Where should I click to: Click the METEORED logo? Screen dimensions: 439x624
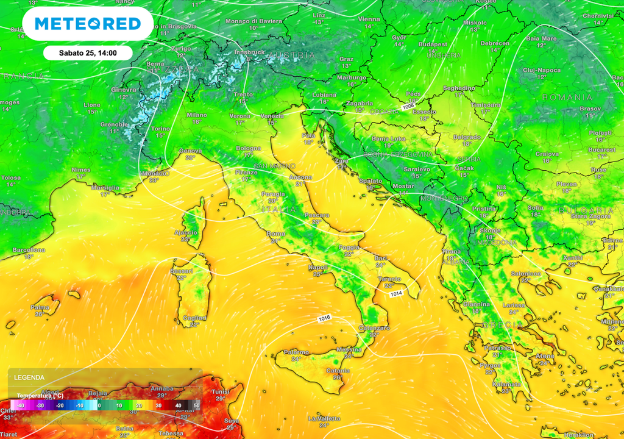coord(88,24)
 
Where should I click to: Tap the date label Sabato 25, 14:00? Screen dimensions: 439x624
coord(88,53)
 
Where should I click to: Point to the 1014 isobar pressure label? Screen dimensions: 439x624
coord(395,294)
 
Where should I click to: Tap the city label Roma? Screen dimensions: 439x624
coord(276,233)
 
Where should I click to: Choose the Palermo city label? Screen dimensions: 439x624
coord(296,352)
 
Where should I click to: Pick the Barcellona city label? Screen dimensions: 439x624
coord(29,250)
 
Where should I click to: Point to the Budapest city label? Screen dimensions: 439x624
coord(433,45)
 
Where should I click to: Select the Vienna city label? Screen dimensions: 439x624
coord(369,19)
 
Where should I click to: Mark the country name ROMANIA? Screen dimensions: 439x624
coord(567,98)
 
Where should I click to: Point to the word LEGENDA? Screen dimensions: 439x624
coord(28,377)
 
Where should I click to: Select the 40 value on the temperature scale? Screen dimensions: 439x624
coord(178,405)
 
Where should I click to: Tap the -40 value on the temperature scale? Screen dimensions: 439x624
coord(20,405)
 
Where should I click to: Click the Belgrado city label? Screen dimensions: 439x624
coord(467,137)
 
